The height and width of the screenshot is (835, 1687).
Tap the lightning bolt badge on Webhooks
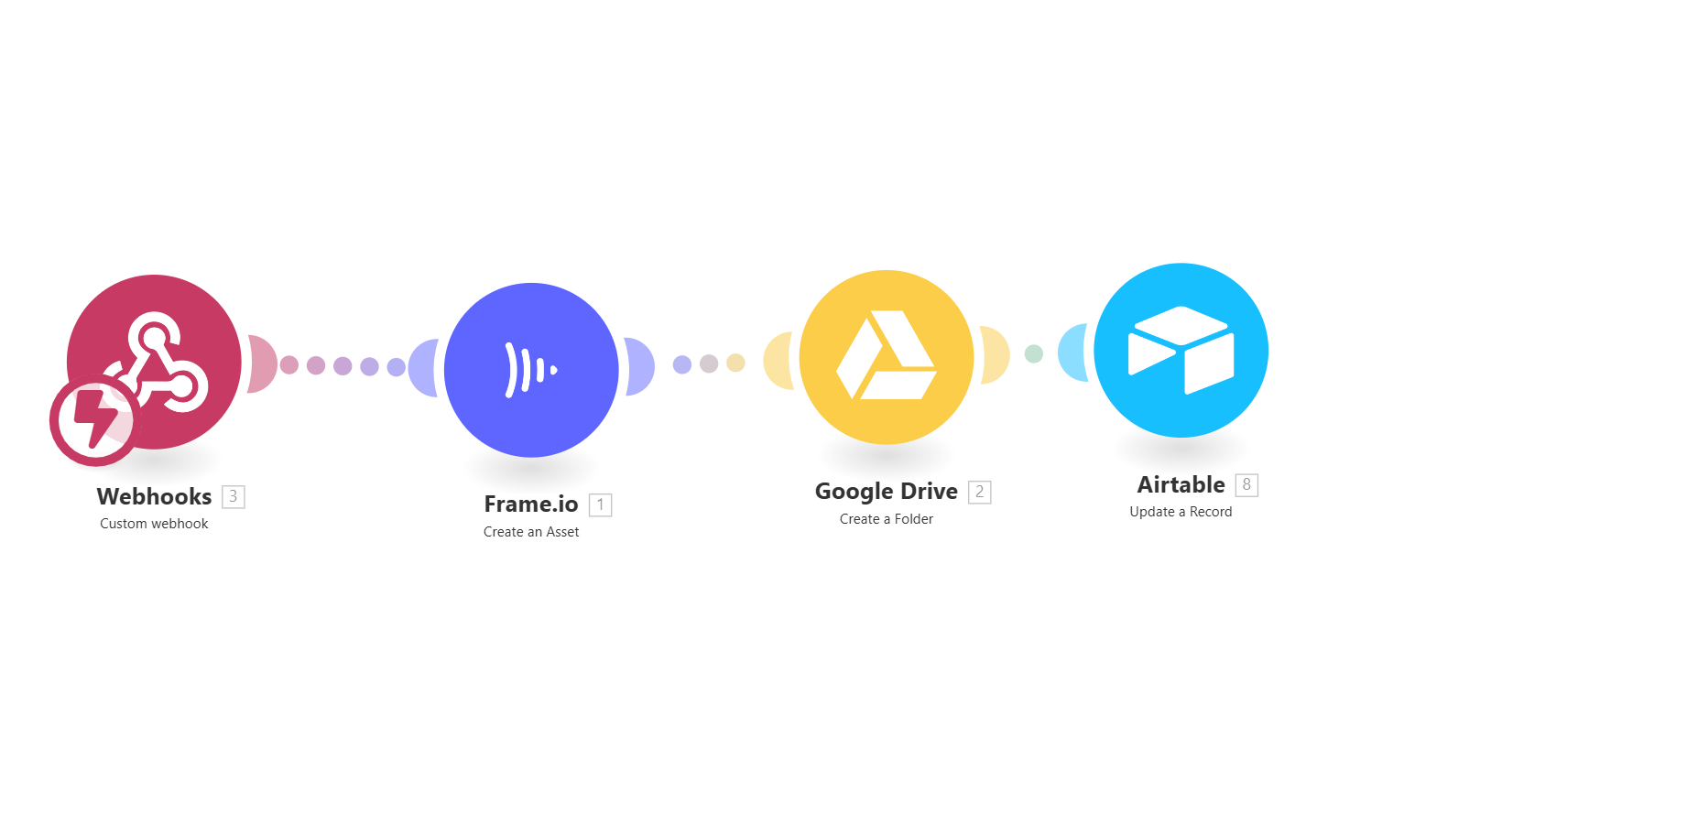94,420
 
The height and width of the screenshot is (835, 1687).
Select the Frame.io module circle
531,370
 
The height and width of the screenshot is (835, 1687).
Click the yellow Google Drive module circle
887,357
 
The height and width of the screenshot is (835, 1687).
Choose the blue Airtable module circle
1181,350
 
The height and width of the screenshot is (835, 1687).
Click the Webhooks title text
154,496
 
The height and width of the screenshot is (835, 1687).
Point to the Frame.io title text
531,504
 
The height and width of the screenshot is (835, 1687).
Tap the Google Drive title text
886,492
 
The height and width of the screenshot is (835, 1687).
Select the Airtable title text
1181,484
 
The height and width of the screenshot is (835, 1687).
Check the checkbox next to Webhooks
234,497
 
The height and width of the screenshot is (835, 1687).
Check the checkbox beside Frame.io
601,505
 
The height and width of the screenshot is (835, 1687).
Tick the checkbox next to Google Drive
980,493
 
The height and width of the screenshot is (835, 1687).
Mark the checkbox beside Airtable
1246,485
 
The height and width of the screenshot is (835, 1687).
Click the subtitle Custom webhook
154,524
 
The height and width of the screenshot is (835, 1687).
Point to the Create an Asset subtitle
531,532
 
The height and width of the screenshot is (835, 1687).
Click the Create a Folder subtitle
887,519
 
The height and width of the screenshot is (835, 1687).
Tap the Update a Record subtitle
1181,512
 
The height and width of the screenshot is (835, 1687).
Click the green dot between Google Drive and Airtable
1033,353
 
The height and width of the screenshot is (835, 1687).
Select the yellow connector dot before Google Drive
735,363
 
